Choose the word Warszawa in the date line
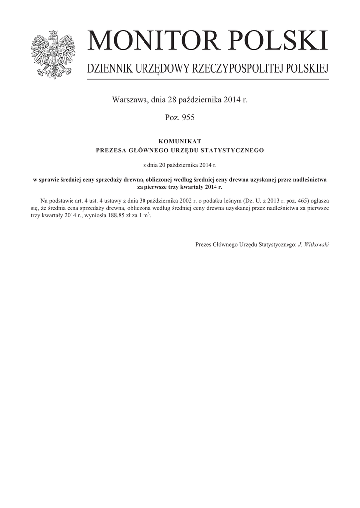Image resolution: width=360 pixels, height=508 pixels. [x=130, y=100]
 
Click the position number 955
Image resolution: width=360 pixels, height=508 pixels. [x=188, y=117]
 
